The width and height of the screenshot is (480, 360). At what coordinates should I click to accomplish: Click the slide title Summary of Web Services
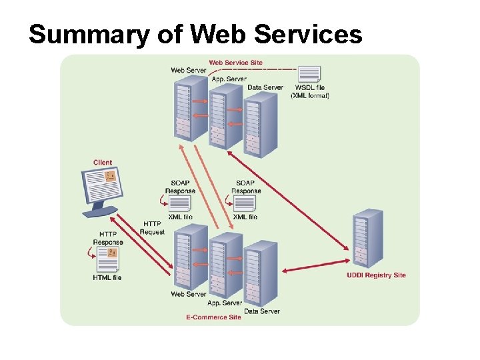pyautogui.click(x=195, y=34)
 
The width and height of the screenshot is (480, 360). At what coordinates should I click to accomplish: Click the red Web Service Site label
pyautogui.click(x=235, y=63)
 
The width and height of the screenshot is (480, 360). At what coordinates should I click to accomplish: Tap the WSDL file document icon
pyautogui.click(x=309, y=74)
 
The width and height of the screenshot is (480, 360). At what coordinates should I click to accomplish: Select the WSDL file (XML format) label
pyautogui.click(x=310, y=91)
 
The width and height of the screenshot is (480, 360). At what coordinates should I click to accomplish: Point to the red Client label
pyautogui.click(x=103, y=163)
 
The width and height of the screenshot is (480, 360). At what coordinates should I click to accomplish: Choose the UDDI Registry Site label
pyautogui.click(x=376, y=275)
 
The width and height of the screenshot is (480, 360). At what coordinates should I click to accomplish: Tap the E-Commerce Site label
pyautogui.click(x=213, y=317)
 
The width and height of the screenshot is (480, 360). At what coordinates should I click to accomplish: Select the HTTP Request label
pyautogui.click(x=152, y=228)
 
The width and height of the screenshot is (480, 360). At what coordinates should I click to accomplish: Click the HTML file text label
pyautogui.click(x=107, y=277)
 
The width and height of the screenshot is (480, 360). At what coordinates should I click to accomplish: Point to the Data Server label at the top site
pyautogui.click(x=265, y=87)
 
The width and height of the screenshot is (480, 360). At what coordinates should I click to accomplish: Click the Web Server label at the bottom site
pyautogui.click(x=189, y=294)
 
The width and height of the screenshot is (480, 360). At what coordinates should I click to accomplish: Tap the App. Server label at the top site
pyautogui.click(x=229, y=79)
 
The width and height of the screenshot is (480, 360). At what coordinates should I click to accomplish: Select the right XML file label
pyautogui.click(x=245, y=217)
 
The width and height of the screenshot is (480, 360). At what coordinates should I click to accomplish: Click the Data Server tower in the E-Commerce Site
pyautogui.click(x=261, y=274)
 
